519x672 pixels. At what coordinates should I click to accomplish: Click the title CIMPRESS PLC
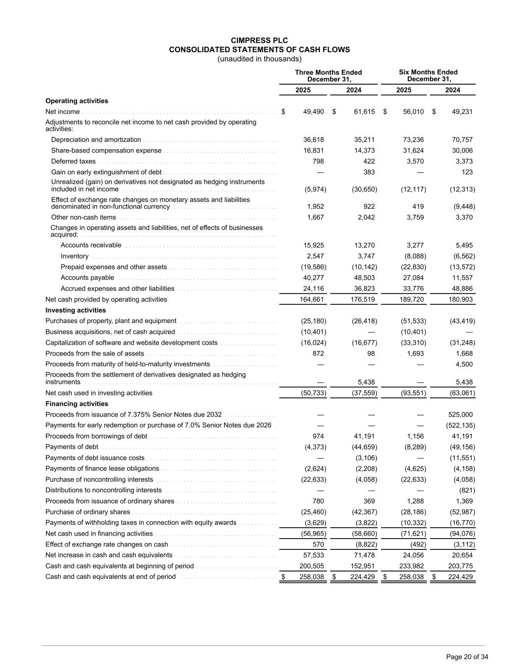pyautogui.click(x=259, y=40)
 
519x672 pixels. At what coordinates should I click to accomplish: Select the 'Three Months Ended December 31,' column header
pyautogui.click(x=328, y=76)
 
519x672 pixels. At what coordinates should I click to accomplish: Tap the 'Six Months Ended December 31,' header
pyautogui.click(x=428, y=76)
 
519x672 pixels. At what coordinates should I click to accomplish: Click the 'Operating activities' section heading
pyautogui.click(x=77, y=101)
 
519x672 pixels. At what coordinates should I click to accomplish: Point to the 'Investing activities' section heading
pyautogui.click(x=75, y=310)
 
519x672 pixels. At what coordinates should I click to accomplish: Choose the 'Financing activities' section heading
pyautogui.click(x=77, y=404)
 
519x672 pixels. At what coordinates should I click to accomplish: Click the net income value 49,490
pyautogui.click(x=313, y=112)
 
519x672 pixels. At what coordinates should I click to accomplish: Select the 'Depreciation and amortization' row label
pyautogui.click(x=96, y=140)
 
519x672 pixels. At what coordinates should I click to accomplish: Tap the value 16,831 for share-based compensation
pyautogui.click(x=313, y=151)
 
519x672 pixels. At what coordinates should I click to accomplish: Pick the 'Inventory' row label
pyautogui.click(x=75, y=256)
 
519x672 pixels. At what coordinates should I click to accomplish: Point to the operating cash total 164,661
pyautogui.click(x=312, y=299)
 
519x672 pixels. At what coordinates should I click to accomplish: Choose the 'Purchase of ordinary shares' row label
pyautogui.click(x=88, y=512)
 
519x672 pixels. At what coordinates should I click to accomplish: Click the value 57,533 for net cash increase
pyautogui.click(x=313, y=555)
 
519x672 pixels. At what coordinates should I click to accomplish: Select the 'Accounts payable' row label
pyautogui.click(x=87, y=278)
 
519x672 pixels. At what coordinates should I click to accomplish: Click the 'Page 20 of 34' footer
pyautogui.click(x=467, y=657)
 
